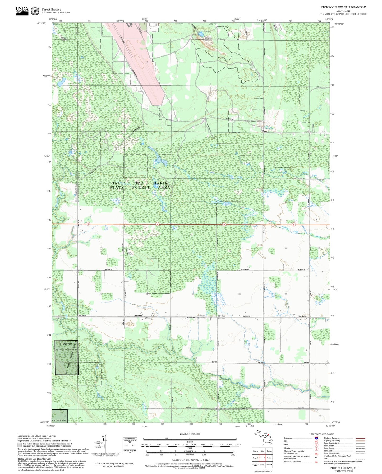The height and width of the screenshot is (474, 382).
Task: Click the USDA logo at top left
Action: [22, 10]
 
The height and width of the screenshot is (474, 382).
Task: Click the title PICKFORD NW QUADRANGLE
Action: [343, 7]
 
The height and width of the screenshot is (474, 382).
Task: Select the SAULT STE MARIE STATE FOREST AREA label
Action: [140, 185]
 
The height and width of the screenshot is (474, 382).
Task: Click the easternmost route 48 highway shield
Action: [293, 225]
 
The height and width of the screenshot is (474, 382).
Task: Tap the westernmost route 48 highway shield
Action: [88, 224]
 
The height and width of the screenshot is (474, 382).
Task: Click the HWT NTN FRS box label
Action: [59, 420]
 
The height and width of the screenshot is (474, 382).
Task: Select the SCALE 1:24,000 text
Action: [190, 434]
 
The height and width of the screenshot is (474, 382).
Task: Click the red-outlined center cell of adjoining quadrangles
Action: [262, 458]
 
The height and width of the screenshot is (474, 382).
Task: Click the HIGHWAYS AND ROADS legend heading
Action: [322, 434]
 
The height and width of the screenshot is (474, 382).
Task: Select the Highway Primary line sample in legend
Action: [361, 438]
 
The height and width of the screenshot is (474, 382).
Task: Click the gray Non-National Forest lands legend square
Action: [20, 445]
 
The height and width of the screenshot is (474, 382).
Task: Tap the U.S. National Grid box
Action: [130, 445]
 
